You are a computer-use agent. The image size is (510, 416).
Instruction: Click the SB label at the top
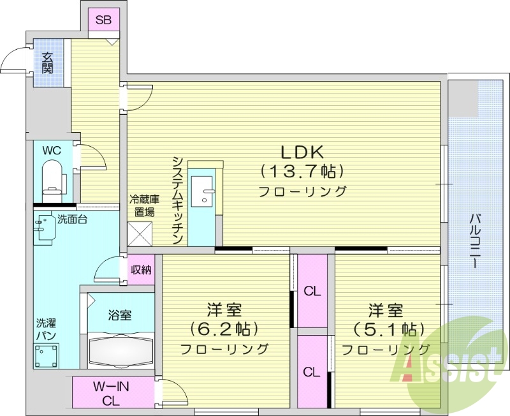tap(103, 20)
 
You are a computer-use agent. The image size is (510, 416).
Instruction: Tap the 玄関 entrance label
tap(48, 62)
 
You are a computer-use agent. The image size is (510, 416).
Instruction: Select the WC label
tap(52, 151)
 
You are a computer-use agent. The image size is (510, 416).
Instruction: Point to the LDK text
tap(302, 152)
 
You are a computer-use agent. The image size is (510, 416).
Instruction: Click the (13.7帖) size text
tap(302, 171)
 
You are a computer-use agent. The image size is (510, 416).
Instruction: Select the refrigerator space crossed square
tap(140, 233)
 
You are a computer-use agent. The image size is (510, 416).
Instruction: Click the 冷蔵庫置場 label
tap(145, 205)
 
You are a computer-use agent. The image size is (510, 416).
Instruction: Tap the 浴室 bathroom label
tap(119, 315)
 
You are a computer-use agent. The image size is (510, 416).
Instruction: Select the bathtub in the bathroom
tap(121, 350)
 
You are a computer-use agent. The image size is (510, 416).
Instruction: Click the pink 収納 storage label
tap(142, 269)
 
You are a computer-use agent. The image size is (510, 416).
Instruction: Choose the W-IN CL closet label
tap(112, 393)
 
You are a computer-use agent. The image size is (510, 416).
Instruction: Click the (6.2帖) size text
tap(224, 329)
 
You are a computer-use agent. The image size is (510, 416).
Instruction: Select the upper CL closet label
tap(312, 292)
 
